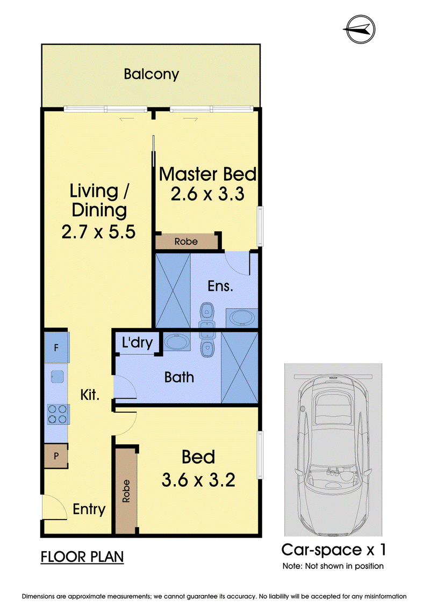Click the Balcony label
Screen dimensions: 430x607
point(151,74)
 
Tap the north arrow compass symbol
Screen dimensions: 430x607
point(360,29)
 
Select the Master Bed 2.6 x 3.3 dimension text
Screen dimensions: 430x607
point(208,194)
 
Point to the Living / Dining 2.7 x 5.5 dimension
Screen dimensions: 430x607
point(98,232)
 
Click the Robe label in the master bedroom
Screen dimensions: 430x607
point(186,242)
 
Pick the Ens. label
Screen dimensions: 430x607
point(220,286)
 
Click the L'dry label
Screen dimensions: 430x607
point(137,342)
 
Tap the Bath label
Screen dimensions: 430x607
point(179,377)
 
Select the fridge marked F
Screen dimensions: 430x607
point(56,347)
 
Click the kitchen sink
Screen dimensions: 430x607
point(58,377)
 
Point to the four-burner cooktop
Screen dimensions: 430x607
point(58,414)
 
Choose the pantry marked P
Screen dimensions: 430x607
point(56,456)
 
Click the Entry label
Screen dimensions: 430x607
point(89,509)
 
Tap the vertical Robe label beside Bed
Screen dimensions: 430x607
point(126,491)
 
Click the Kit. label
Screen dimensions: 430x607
point(90,395)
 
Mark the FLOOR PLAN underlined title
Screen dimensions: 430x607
point(82,557)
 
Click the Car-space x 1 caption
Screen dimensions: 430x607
point(333,550)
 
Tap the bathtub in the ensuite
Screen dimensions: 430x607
point(242,317)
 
